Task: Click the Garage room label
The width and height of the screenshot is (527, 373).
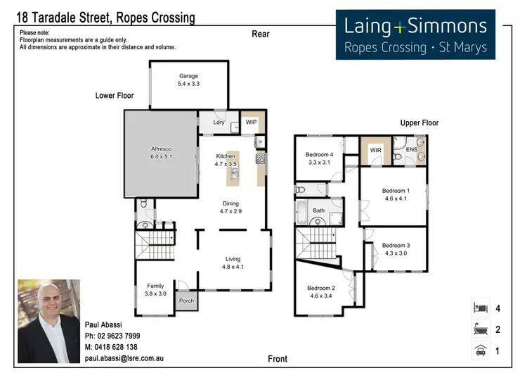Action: click(x=188, y=76)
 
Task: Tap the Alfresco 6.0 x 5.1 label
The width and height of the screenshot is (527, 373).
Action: click(x=162, y=153)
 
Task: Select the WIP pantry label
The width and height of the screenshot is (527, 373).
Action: click(x=251, y=122)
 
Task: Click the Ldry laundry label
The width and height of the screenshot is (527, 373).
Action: click(x=219, y=122)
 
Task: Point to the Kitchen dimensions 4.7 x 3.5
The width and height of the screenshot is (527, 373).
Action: click(x=226, y=164)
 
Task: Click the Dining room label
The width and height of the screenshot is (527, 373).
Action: click(x=230, y=203)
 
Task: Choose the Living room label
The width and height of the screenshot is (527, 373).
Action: click(x=233, y=259)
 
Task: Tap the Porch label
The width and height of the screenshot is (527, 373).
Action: click(x=186, y=301)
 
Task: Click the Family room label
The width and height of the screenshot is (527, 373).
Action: click(x=155, y=286)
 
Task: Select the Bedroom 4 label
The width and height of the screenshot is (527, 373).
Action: click(x=319, y=155)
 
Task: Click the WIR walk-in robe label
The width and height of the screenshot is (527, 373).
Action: click(x=376, y=150)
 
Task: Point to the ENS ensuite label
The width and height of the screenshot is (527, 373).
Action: click(x=412, y=149)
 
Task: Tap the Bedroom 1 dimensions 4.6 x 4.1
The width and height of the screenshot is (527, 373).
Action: click(x=396, y=198)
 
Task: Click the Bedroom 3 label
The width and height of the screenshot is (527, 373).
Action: click(x=396, y=246)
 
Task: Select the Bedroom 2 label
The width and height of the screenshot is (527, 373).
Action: click(x=321, y=288)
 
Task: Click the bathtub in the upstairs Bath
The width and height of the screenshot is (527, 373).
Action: click(x=301, y=213)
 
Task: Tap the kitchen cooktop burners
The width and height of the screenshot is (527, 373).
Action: click(x=261, y=159)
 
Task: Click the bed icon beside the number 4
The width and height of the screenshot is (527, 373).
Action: click(x=481, y=308)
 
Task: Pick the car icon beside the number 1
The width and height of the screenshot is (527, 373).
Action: click(x=481, y=350)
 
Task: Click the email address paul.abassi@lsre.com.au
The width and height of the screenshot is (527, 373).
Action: click(x=124, y=358)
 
